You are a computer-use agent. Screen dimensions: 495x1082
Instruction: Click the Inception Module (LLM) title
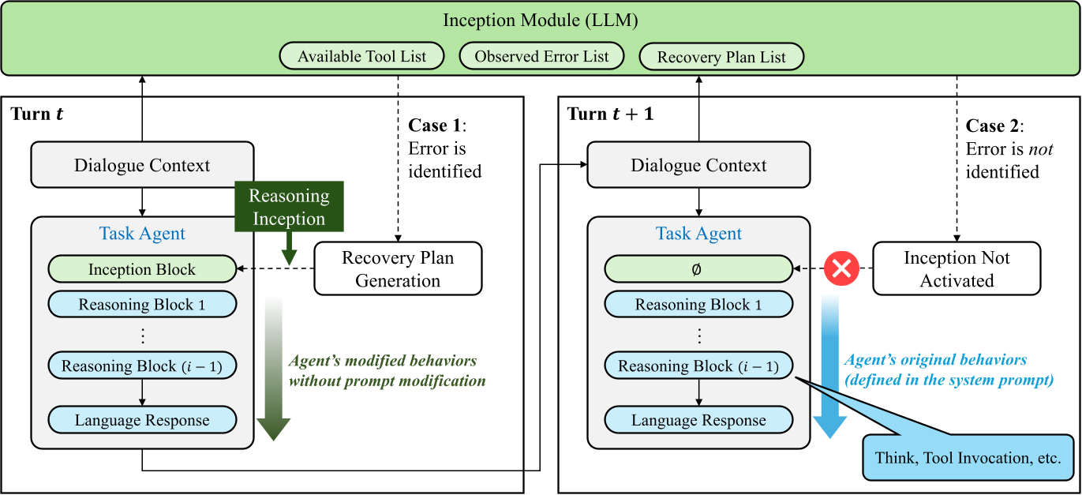[x=541, y=21]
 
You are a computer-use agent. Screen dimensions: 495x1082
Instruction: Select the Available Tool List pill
[x=361, y=57]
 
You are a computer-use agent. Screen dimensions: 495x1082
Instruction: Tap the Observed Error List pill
[x=541, y=57]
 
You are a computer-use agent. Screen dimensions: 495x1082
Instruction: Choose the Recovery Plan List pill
[x=721, y=58]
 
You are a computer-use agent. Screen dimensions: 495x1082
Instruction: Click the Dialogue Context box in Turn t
[x=142, y=166]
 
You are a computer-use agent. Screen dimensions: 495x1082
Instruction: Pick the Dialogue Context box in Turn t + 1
[x=698, y=166]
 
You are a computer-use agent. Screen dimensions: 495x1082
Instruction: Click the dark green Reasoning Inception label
[x=289, y=208]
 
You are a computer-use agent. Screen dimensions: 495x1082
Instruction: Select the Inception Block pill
[x=142, y=269]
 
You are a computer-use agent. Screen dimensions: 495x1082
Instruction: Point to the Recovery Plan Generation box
[x=398, y=269]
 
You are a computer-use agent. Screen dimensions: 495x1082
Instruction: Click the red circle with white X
[x=841, y=269]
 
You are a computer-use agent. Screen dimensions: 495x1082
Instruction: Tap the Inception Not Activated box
[x=957, y=269]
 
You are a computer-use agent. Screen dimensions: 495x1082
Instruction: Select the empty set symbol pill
[x=698, y=269]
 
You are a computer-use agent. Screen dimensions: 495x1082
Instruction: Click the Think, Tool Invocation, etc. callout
[x=968, y=458]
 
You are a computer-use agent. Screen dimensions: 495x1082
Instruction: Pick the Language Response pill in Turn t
[x=142, y=420]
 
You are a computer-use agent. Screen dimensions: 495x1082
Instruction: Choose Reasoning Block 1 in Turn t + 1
[x=698, y=305]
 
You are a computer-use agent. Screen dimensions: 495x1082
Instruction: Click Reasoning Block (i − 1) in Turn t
[x=142, y=366]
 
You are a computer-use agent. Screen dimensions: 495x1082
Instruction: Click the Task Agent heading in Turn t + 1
[x=698, y=234]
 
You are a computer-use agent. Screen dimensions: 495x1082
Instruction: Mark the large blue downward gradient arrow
[x=830, y=371]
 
